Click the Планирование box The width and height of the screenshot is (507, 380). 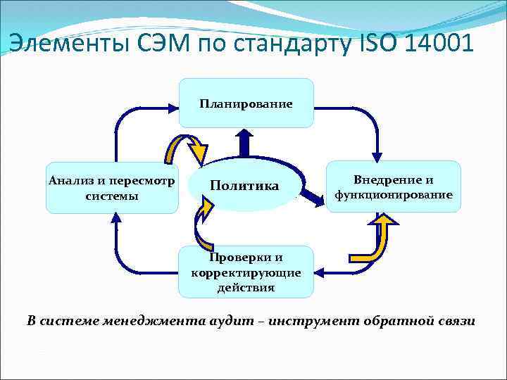(x=246, y=103)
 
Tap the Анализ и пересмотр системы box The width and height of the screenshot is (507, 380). (x=113, y=187)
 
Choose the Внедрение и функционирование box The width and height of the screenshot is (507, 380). (x=393, y=186)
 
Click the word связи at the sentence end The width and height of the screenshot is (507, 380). (x=455, y=321)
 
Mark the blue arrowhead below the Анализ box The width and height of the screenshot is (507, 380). (x=114, y=220)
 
